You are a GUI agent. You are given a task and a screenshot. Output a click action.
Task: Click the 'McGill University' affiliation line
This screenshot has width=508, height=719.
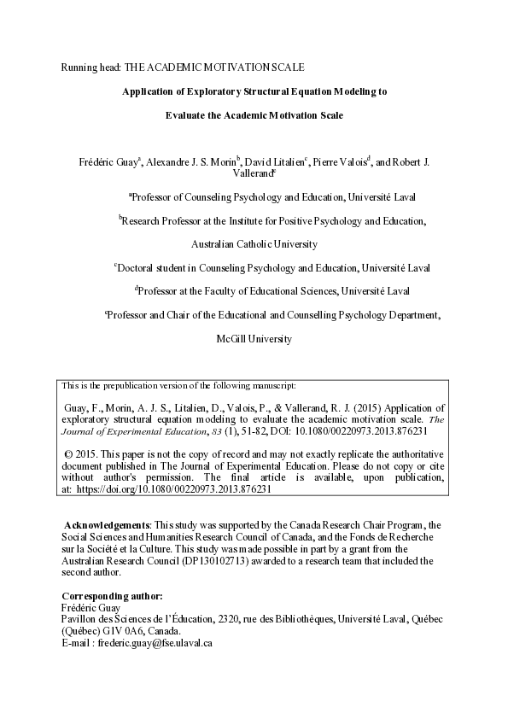point(254,338)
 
